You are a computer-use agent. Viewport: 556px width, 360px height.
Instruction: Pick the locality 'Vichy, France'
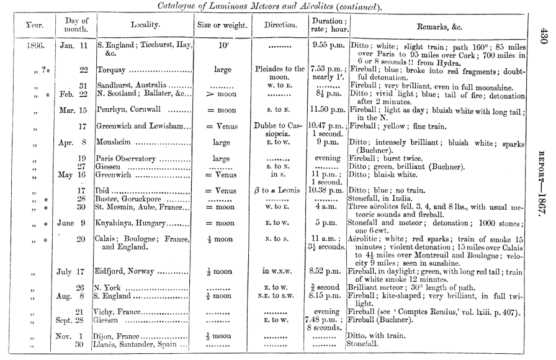coord(120,312)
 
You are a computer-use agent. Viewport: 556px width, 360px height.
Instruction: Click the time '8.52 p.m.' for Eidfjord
coord(326,271)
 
